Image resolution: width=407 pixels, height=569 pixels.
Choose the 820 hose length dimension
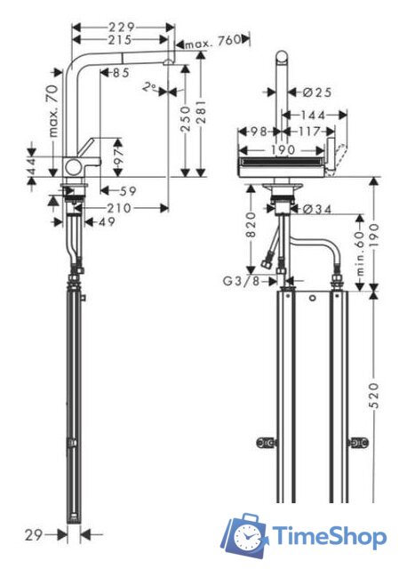tap(253, 237)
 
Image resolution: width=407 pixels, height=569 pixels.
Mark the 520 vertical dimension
tap(374, 392)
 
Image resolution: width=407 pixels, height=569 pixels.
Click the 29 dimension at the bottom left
tap(33, 534)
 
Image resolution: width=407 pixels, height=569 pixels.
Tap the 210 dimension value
tap(122, 207)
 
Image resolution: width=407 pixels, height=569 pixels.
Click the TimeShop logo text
tap(328, 536)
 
